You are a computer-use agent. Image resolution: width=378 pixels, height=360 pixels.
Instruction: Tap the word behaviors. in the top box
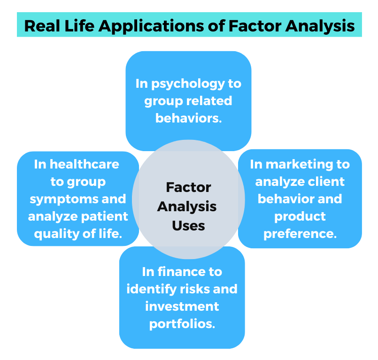(188, 118)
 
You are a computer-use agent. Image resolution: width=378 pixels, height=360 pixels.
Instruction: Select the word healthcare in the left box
(84, 164)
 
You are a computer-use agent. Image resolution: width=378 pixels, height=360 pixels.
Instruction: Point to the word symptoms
(59, 199)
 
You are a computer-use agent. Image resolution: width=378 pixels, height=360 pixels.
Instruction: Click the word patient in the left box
(106, 216)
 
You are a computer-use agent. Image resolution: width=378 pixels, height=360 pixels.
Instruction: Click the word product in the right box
(300, 216)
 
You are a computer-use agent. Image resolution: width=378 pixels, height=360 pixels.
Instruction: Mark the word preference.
(300, 234)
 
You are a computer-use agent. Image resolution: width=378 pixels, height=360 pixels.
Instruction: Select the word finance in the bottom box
(192, 272)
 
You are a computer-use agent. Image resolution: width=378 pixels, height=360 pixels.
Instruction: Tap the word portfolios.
(182, 324)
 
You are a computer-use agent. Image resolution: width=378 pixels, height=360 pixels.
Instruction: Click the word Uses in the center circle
(188, 226)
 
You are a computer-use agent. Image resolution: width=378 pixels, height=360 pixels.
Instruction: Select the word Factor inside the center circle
(188, 188)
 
